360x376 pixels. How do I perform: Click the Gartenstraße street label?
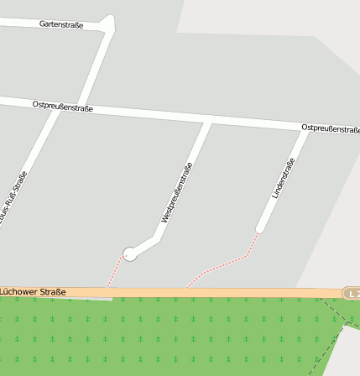pyautogui.click(x=61, y=25)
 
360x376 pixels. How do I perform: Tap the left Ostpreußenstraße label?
pyautogui.click(x=62, y=107)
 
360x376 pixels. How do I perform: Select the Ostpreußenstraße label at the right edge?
pyautogui.click(x=331, y=128)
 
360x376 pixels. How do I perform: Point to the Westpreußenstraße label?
pyautogui.click(x=177, y=192)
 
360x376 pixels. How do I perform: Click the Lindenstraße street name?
pyautogui.click(x=284, y=178)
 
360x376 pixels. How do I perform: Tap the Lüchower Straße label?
pyautogui.click(x=33, y=292)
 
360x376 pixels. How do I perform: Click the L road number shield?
pyautogui.click(x=352, y=293)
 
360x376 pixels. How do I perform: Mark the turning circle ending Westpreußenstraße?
pyautogui.click(x=129, y=253)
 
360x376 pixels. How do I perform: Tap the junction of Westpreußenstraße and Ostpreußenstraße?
pyautogui.click(x=206, y=123)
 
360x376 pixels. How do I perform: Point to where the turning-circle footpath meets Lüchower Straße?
pyautogui.click(x=108, y=286)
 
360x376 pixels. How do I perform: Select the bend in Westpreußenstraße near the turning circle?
pyautogui.click(x=159, y=238)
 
